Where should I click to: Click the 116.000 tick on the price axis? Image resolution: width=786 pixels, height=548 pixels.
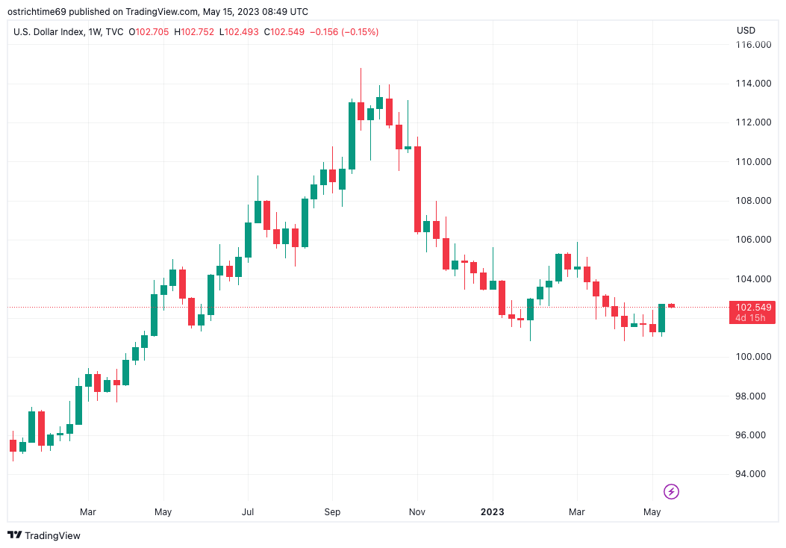pos(752,45)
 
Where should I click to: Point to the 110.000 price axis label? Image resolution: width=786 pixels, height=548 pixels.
pos(752,161)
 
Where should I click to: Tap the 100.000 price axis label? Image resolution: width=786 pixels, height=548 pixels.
pos(752,357)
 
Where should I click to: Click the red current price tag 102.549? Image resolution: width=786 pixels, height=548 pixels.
pos(754,307)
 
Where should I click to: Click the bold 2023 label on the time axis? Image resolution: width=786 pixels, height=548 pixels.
pos(492,512)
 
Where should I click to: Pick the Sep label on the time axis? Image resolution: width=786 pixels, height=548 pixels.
pos(332,512)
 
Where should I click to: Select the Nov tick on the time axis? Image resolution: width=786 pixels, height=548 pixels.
pos(417,512)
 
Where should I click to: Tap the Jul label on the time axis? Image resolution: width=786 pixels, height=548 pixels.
pos(248,512)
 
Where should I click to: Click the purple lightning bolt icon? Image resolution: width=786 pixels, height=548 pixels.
pos(672,491)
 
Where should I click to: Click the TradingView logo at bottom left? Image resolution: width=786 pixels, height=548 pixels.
pos(44,535)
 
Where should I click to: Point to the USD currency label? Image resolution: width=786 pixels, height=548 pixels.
pos(746,31)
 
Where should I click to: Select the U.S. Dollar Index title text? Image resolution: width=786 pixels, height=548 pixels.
pos(48,32)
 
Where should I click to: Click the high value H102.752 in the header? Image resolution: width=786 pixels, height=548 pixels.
pos(194,32)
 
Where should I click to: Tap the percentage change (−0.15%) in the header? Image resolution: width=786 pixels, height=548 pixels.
pos(360,32)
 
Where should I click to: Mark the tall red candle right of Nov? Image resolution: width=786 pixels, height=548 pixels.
pos(418,190)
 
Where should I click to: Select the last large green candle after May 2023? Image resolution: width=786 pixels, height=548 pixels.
pos(661,318)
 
